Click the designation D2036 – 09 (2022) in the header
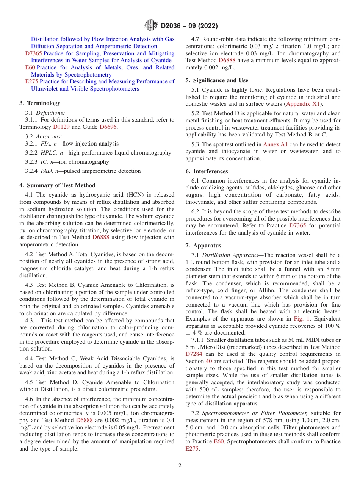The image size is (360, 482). point(189,26)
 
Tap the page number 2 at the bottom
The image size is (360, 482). point(180,465)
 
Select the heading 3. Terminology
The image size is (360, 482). point(40,103)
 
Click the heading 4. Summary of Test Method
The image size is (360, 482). point(57,185)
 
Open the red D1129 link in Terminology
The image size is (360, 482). point(61,127)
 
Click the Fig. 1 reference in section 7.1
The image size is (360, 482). point(300,319)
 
